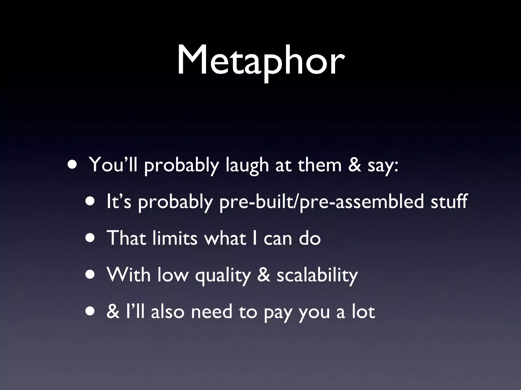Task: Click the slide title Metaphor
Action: (x=260, y=61)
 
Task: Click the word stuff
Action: (x=449, y=201)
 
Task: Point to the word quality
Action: (x=223, y=276)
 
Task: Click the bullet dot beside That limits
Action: (x=91, y=238)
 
